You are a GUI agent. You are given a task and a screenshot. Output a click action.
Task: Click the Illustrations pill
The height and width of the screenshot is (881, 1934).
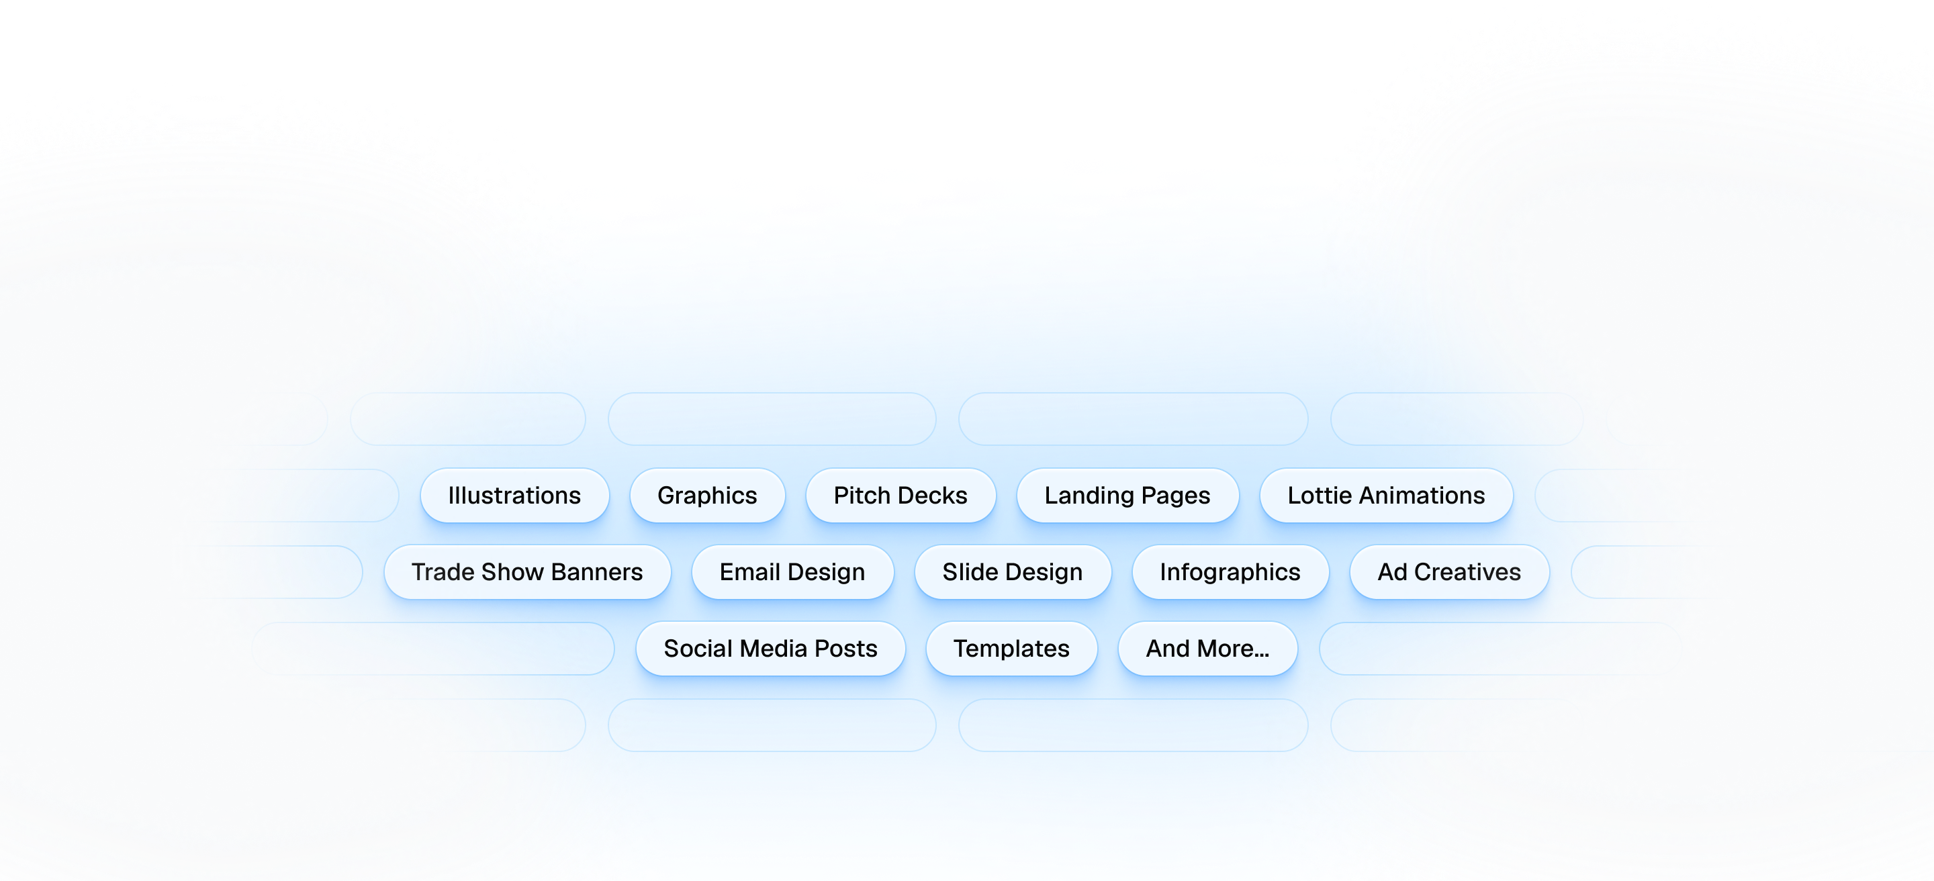[x=514, y=496]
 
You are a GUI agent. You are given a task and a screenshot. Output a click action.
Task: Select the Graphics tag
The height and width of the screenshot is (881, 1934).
[x=707, y=496]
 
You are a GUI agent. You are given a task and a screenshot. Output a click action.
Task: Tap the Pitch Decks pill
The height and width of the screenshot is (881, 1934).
[x=900, y=496]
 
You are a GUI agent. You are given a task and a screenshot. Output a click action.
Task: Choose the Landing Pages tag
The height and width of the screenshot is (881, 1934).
[x=1127, y=496]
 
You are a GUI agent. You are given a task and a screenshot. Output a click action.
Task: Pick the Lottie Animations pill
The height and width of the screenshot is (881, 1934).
[x=1386, y=496]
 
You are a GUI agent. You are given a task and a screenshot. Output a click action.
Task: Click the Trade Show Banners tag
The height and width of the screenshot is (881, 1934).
[x=527, y=572]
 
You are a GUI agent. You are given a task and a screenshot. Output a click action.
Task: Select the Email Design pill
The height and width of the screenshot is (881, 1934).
[x=792, y=572]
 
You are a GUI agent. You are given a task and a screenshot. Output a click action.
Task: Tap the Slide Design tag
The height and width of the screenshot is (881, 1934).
[x=1012, y=572]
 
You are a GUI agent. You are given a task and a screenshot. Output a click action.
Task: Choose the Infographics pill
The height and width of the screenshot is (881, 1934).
[x=1230, y=572]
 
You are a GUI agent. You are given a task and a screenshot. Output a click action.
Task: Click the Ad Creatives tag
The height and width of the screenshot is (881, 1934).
[x=1449, y=572]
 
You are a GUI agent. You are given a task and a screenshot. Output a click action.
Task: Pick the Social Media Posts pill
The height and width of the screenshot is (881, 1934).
[x=770, y=649]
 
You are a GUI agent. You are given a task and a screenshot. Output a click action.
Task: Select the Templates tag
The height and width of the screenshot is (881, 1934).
[x=1011, y=649]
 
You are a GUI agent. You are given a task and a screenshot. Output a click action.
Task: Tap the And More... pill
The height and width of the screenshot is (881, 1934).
[x=1207, y=649]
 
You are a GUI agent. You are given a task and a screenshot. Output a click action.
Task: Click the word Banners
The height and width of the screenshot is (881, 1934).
[x=597, y=572]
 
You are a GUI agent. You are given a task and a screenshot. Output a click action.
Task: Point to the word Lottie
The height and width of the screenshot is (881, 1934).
[x=1320, y=496]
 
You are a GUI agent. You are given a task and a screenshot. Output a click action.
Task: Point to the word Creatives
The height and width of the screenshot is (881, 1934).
[x=1467, y=572]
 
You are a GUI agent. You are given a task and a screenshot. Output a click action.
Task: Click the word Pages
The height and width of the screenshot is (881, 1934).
[x=1176, y=496]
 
